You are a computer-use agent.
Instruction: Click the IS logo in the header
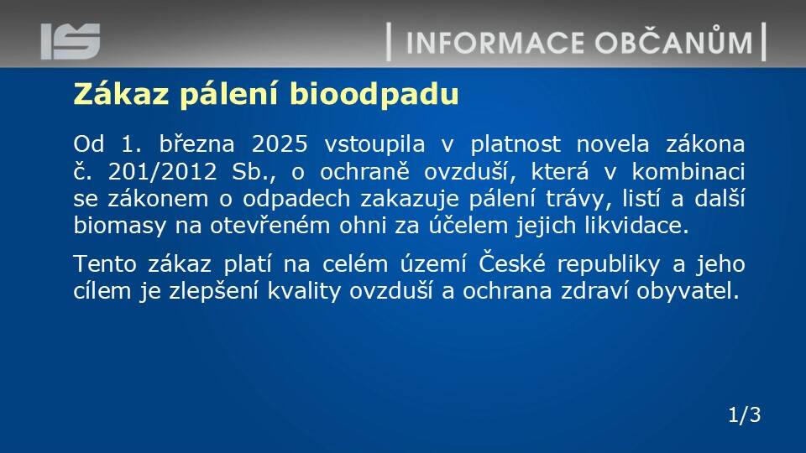click(x=71, y=41)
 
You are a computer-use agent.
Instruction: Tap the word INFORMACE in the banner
click(x=495, y=43)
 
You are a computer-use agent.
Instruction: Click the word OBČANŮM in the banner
click(x=674, y=41)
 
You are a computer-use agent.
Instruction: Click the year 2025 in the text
click(x=280, y=144)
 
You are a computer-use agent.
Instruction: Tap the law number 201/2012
click(x=162, y=171)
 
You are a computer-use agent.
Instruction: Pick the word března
click(x=196, y=144)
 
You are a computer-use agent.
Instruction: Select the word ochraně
click(x=364, y=171)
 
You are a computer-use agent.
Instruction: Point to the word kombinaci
click(x=688, y=171)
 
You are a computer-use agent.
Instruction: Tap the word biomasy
click(x=120, y=226)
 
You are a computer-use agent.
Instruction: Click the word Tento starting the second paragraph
click(x=105, y=264)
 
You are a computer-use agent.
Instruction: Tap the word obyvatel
click(x=688, y=292)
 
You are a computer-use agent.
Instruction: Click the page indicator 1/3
click(x=745, y=415)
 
